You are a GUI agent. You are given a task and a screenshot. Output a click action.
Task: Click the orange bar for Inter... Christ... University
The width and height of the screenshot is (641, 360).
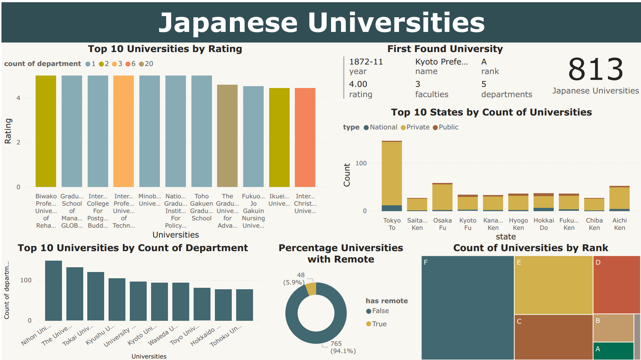point(305,137)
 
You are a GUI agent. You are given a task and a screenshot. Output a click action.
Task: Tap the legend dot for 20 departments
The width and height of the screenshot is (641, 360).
point(142,64)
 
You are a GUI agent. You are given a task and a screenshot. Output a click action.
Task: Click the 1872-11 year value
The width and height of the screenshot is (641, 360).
point(366,62)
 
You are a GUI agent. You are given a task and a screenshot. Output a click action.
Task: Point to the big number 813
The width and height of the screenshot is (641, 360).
point(595,70)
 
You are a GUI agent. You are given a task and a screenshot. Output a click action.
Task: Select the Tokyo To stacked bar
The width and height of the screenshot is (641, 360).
point(392,176)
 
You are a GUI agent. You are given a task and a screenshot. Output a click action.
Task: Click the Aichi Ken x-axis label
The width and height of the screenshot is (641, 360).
point(619,224)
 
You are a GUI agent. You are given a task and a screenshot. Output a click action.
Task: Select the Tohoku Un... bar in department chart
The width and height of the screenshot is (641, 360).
point(245,305)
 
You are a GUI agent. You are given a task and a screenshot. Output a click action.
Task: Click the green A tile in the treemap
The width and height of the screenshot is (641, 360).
point(613,351)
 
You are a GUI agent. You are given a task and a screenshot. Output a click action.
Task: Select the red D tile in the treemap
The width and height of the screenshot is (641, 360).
point(616,285)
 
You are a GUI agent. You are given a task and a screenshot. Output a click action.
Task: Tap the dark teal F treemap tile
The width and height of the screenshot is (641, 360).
point(468,308)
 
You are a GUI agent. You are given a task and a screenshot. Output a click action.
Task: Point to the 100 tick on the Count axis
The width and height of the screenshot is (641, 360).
point(361,163)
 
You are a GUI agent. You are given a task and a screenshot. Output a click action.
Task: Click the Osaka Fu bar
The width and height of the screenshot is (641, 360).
point(442,197)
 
